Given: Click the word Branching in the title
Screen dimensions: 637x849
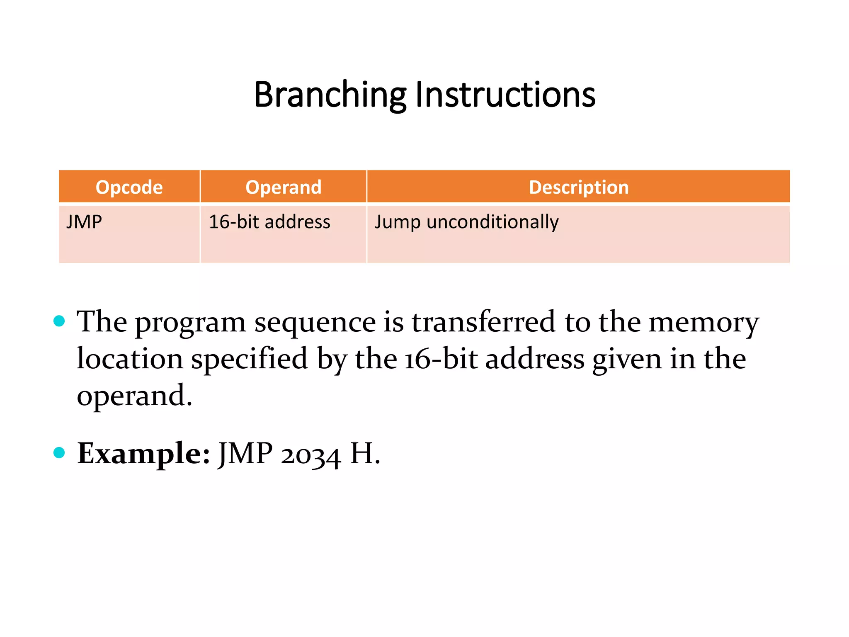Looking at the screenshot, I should pos(330,95).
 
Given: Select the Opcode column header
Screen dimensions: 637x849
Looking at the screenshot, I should pos(129,187).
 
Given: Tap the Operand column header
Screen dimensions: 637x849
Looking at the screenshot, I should pos(283,187).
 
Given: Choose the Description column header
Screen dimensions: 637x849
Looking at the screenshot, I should pos(578,187).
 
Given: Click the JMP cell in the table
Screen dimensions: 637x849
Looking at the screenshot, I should pos(85,222).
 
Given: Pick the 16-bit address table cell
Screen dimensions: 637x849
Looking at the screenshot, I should pos(269,222).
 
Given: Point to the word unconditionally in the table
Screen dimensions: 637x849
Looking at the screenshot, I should pos(492,222).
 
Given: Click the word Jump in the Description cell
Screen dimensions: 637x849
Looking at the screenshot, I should pos(397,222).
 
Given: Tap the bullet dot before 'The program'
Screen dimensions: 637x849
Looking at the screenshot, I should pos(60,321).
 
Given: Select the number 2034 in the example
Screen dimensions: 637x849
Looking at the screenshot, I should pos(310,455).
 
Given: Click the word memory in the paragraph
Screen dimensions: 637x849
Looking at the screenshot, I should pos(703,323).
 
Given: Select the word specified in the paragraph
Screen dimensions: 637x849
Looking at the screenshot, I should pos(249,359).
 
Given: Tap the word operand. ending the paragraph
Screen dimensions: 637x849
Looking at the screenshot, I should pos(134,396).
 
